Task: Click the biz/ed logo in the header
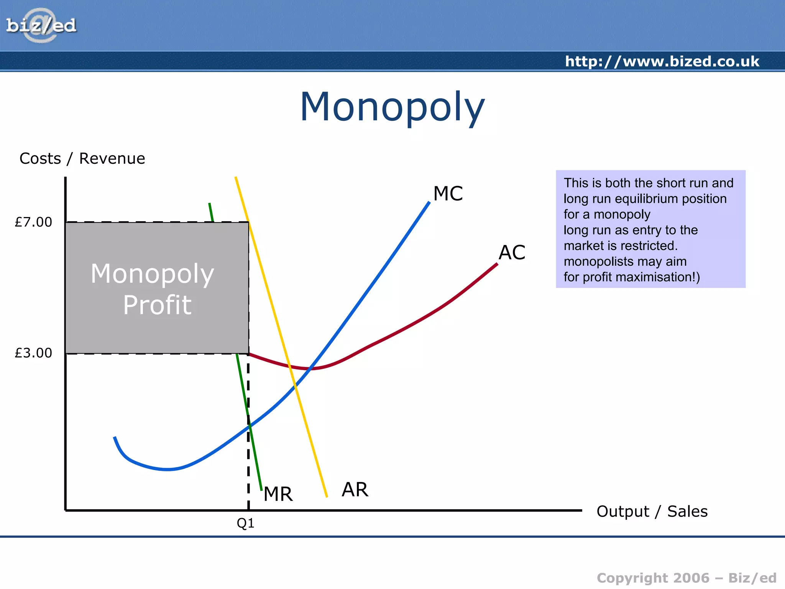[x=41, y=25]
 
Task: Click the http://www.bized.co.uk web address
[x=662, y=61]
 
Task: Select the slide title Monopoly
[x=392, y=107]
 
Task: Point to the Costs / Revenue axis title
[x=82, y=158]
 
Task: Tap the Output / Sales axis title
[x=652, y=512]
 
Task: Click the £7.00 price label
[x=33, y=222]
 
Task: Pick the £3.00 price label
[x=33, y=353]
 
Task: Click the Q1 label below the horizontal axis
[x=245, y=523]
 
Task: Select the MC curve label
[x=448, y=194]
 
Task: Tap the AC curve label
[x=512, y=253]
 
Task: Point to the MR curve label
[x=278, y=494]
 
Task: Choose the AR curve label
[x=355, y=490]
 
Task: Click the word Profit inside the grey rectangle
[x=157, y=305]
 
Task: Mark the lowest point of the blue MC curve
[x=168, y=469]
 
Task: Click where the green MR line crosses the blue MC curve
[x=250, y=425]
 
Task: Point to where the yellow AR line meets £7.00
[x=249, y=222]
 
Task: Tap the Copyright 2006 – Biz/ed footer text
[x=686, y=578]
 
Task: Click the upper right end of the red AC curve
[x=497, y=264]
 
